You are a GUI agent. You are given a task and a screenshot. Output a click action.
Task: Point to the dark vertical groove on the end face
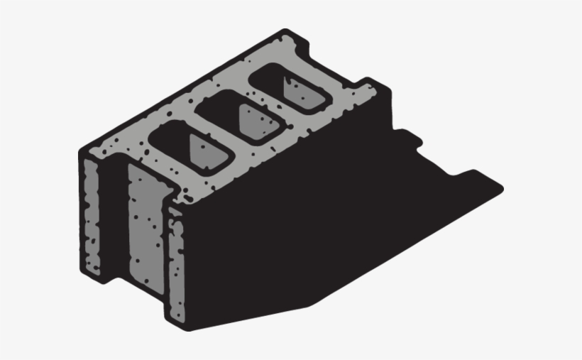(114, 213)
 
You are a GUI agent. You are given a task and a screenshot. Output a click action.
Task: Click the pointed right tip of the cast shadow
(501, 189)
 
